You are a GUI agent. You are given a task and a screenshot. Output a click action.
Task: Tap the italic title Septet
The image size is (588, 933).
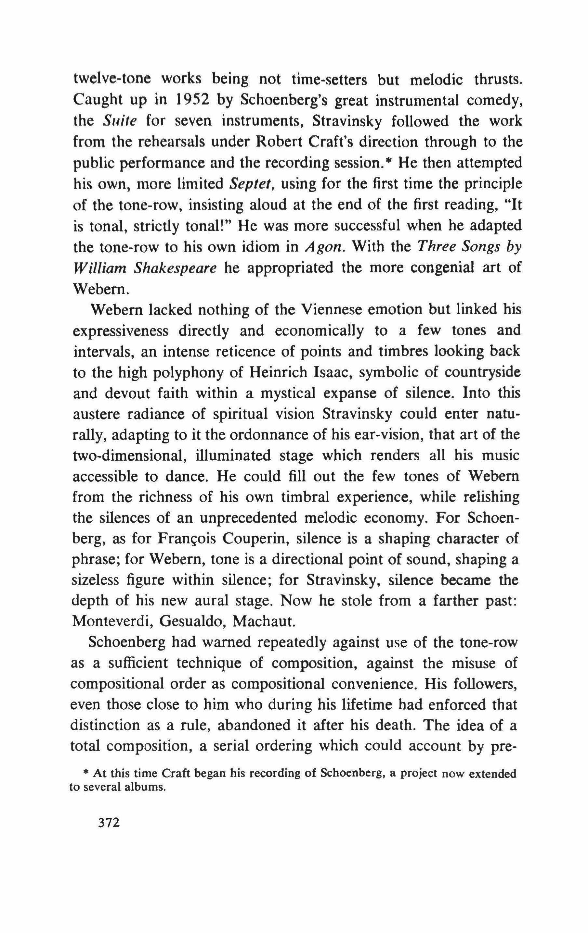click(252, 183)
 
